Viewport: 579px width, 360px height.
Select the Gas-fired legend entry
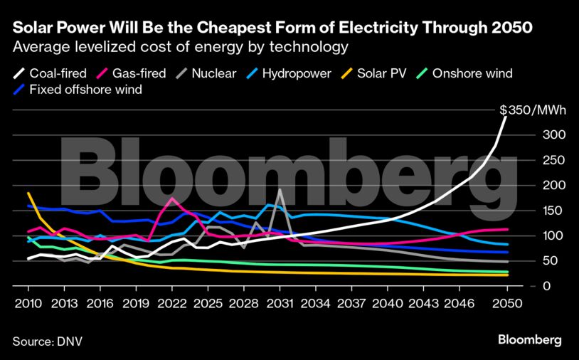[138, 73]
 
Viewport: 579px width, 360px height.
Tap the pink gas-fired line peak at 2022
[172, 198]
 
